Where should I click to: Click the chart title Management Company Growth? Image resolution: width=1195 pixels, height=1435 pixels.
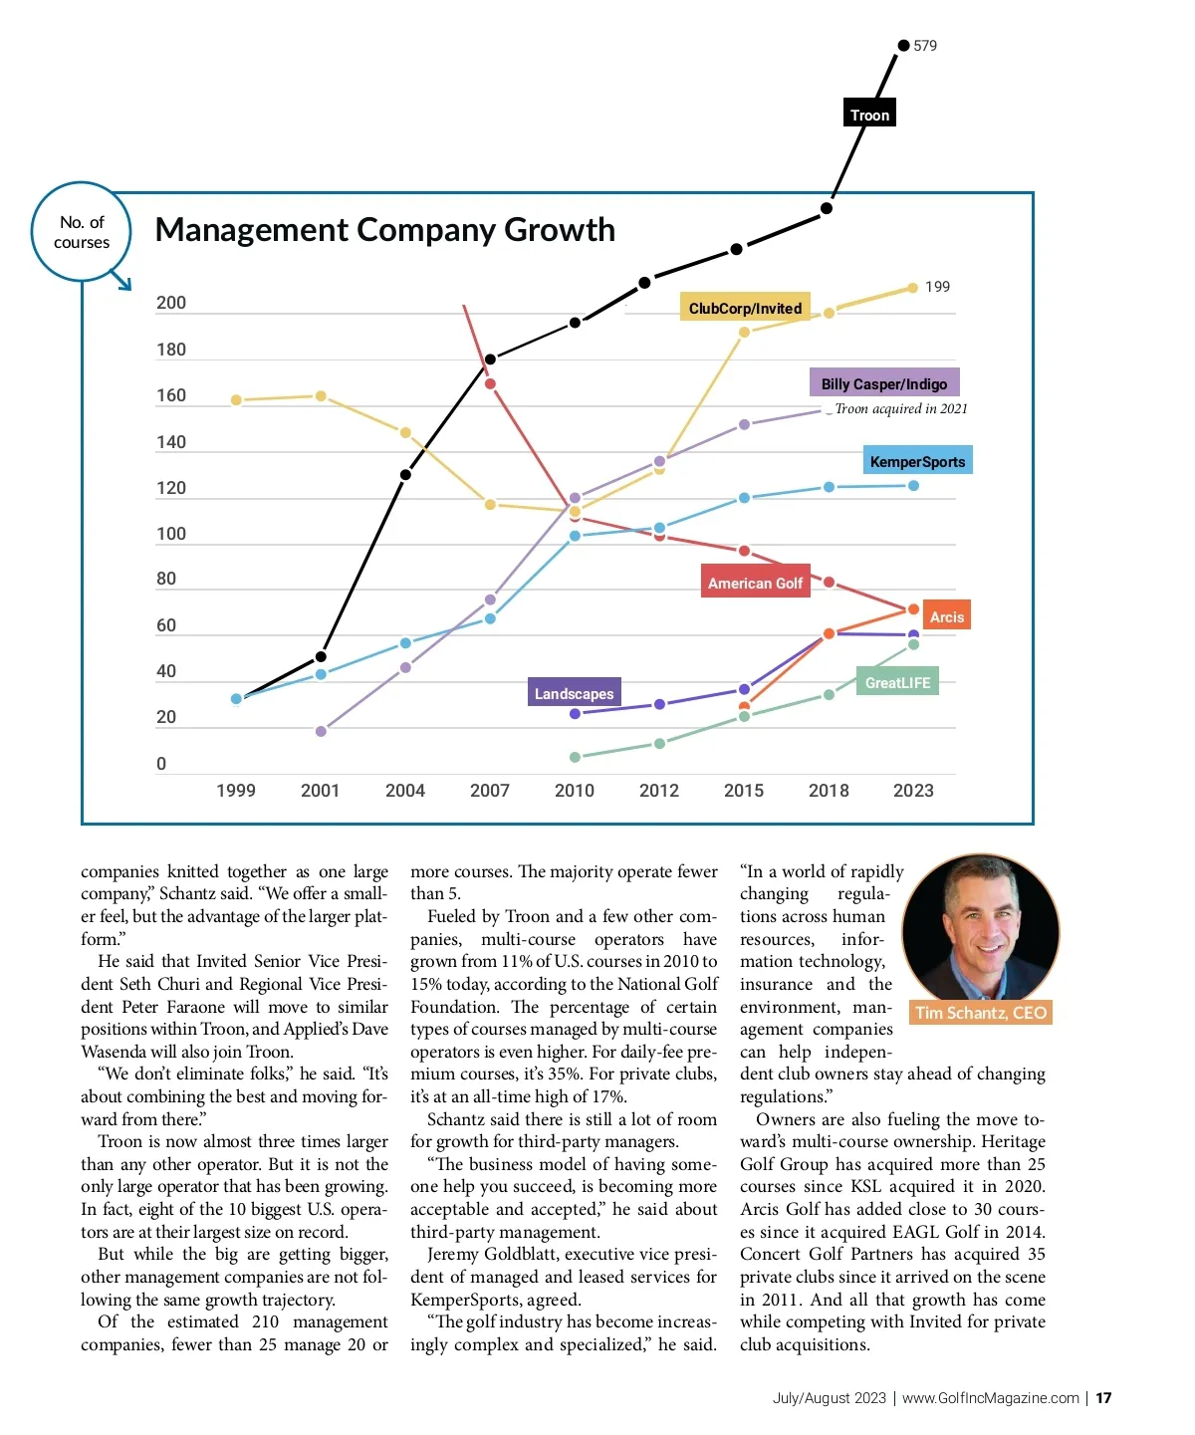click(384, 230)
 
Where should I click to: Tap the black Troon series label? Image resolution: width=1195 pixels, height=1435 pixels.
click(869, 115)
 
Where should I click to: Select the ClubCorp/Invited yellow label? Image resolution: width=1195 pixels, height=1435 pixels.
click(745, 308)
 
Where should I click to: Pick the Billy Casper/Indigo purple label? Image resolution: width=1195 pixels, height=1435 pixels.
click(883, 383)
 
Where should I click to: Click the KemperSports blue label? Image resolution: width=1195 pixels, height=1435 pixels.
click(917, 461)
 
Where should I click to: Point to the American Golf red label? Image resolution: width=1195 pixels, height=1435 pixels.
click(755, 583)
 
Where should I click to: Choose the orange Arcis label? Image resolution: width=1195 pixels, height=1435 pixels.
click(946, 616)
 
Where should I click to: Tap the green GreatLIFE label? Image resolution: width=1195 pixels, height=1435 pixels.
click(897, 682)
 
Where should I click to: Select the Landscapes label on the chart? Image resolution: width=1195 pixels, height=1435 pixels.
click(574, 693)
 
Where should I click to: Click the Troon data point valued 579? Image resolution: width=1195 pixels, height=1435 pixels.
click(903, 45)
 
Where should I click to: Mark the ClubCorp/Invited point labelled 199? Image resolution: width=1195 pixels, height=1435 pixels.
click(913, 288)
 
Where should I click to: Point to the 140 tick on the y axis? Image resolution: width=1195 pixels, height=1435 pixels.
click(171, 442)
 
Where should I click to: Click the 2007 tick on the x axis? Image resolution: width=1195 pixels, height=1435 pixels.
click(490, 791)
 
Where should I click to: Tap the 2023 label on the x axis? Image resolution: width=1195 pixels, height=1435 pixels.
click(913, 791)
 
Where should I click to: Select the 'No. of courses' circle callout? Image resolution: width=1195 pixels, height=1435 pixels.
click(82, 232)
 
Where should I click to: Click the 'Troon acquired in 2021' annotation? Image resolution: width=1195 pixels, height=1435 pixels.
click(900, 408)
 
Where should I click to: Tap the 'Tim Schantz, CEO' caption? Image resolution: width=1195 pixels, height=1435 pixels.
click(981, 1013)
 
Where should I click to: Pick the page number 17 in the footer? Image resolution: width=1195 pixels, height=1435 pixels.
click(1103, 1398)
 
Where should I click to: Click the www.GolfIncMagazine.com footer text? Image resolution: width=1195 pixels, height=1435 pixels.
click(990, 1398)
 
